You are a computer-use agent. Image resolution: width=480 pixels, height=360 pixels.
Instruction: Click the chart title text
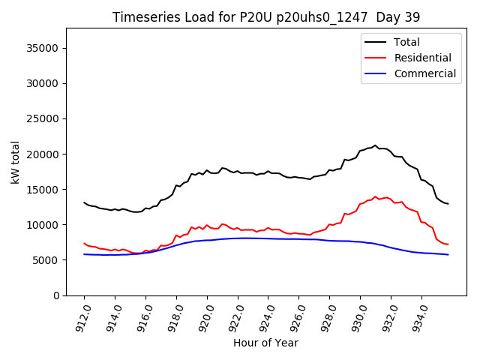266,17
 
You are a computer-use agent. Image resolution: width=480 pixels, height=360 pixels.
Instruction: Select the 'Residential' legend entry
422,58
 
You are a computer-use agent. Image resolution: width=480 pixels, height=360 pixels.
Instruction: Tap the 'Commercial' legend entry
424,73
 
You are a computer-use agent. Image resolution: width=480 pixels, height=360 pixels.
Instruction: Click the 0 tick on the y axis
56,295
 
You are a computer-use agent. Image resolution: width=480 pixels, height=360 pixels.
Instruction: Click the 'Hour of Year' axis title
265,343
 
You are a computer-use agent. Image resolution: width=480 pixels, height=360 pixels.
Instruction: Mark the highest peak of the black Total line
375,145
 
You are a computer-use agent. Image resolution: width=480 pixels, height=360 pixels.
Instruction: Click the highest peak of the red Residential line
375,196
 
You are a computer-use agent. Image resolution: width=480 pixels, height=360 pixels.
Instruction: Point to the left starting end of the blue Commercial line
84,254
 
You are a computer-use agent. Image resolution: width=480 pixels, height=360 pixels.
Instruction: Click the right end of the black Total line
448,204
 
